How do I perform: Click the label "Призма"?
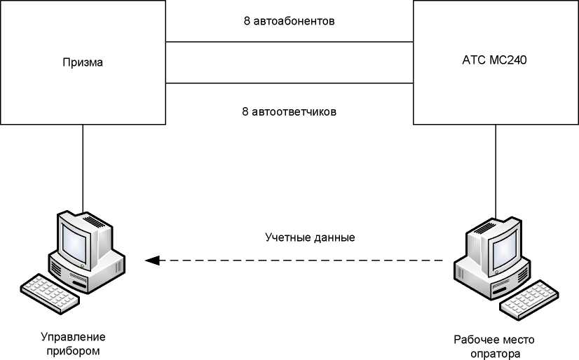pos(83,62)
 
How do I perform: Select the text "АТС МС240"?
pos(494,60)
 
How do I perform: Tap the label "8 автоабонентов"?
pos(289,21)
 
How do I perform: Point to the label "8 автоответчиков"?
pos(289,111)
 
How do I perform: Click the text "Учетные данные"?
pos(310,237)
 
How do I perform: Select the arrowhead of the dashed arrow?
pos(152,261)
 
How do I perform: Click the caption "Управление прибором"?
pos(73,343)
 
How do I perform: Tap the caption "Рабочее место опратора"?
pos(494,347)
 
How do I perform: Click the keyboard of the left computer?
pos(50,294)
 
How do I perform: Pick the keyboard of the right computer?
pos(529,300)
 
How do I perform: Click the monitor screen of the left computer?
pos(74,244)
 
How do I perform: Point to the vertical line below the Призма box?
pos(83,168)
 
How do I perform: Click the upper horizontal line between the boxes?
pos(289,42)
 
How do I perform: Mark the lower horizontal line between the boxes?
pos(289,83)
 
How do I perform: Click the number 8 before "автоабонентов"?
pos(247,21)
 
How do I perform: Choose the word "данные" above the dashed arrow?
pos(334,237)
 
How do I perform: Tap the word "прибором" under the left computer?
pos(73,350)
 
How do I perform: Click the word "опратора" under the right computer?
pos(495,354)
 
